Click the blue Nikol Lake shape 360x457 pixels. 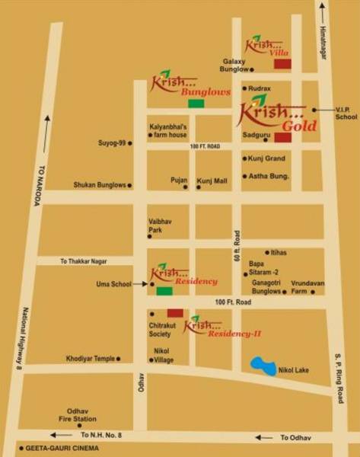265,366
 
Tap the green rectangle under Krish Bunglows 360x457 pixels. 196,103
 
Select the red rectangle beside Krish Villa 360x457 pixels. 282,64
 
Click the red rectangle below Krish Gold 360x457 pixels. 282,137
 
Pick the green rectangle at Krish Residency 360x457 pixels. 164,290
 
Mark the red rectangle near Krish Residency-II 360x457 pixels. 175,312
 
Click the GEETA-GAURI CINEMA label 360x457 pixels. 64,448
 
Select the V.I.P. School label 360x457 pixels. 346,113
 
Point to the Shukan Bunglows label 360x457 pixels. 99,184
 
